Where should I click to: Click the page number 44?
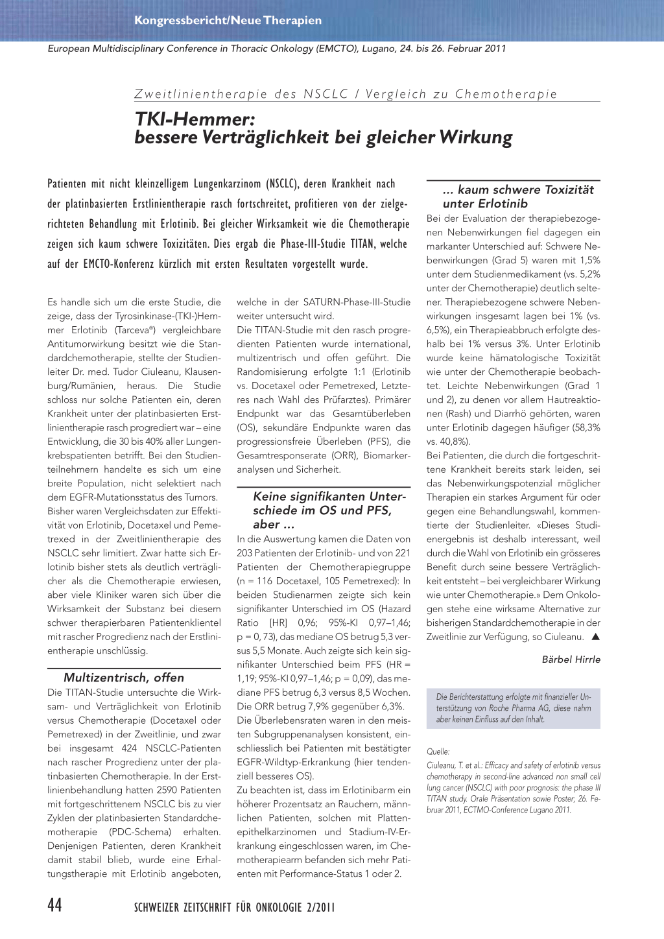click(x=55, y=905)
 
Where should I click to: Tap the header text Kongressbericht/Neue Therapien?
click(x=228, y=20)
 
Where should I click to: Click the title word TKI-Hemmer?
click(x=195, y=119)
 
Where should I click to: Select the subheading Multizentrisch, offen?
click(x=124, y=678)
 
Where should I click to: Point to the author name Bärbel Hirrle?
click(x=571, y=660)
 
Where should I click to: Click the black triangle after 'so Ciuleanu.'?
click(x=595, y=637)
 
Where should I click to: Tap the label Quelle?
click(x=438, y=752)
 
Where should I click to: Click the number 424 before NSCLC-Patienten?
click(x=129, y=748)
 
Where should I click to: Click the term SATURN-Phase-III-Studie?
click(x=357, y=302)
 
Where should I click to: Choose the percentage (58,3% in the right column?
click(x=585, y=427)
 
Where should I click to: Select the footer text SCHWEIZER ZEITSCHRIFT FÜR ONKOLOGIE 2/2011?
click(x=235, y=907)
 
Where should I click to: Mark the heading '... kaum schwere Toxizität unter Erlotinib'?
click(x=518, y=196)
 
